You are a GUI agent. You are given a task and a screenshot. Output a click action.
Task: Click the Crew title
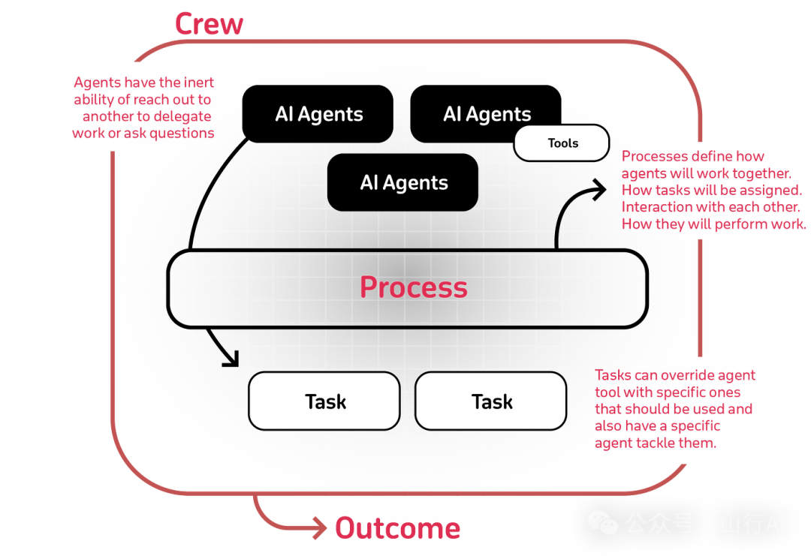click(209, 24)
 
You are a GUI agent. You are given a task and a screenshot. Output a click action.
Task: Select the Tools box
click(562, 143)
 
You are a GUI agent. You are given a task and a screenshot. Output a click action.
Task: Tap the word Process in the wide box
click(413, 287)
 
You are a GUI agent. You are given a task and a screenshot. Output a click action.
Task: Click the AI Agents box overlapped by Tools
click(486, 114)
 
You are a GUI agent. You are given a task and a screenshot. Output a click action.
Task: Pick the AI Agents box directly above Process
click(402, 182)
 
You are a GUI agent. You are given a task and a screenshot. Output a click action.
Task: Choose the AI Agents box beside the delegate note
click(318, 114)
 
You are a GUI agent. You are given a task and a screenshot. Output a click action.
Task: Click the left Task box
click(324, 401)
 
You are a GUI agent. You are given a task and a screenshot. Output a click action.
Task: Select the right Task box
click(491, 401)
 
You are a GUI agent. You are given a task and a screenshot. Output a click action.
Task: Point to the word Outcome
click(398, 528)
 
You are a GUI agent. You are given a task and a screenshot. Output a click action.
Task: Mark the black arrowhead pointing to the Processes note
click(599, 190)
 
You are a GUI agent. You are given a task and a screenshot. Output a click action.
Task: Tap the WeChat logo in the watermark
click(602, 523)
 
